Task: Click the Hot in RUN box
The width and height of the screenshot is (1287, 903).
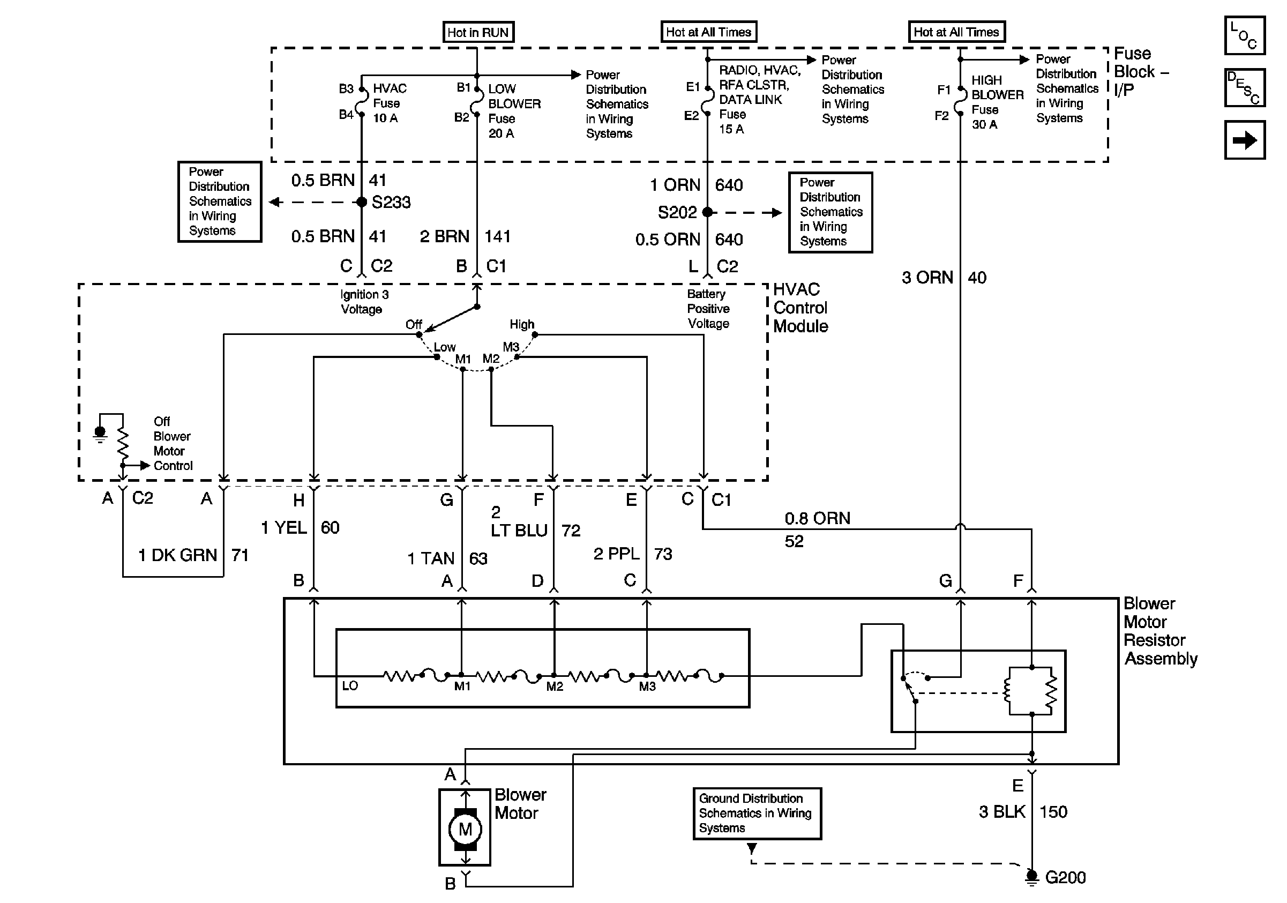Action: [x=478, y=32]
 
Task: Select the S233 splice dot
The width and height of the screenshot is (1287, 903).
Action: [x=362, y=202]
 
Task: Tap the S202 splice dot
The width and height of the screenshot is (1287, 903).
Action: [x=707, y=212]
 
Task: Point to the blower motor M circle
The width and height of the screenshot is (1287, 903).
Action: [x=465, y=829]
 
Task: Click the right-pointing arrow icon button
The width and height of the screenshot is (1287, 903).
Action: [x=1244, y=140]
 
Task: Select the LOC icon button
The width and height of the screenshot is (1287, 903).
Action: [x=1244, y=35]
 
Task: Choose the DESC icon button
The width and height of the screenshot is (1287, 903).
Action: [x=1244, y=87]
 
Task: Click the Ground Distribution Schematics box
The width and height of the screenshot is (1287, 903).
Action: [x=757, y=814]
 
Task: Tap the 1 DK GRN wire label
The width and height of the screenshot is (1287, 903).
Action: [x=178, y=555]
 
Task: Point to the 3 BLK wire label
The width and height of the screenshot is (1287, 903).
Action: [x=1002, y=812]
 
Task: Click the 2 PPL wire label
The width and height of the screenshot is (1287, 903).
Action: [x=617, y=554]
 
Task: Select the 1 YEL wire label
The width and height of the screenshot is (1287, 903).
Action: [x=284, y=527]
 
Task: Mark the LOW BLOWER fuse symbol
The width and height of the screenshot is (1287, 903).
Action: [x=476, y=101]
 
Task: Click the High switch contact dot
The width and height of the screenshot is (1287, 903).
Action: [x=535, y=334]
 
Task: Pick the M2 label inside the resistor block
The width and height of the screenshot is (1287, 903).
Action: [x=555, y=686]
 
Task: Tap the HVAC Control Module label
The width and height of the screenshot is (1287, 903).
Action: [x=800, y=308]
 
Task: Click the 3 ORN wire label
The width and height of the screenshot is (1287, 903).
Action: [x=927, y=278]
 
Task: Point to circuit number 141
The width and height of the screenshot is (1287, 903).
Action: [x=497, y=236]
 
